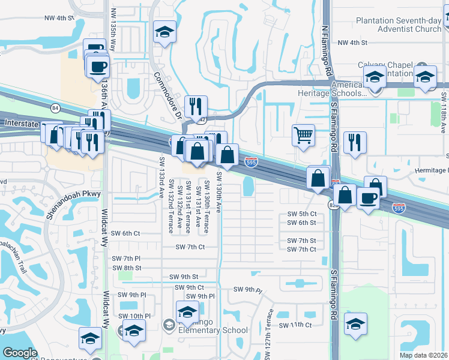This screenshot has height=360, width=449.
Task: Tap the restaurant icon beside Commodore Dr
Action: coord(196,106)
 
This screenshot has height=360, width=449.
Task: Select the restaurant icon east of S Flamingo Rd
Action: coord(355,142)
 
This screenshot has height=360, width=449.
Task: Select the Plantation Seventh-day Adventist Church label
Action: coord(399,25)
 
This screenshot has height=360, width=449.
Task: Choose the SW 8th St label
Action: coord(127,268)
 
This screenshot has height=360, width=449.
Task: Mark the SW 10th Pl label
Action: coord(134,316)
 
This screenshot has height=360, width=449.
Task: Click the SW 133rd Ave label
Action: coord(162,178)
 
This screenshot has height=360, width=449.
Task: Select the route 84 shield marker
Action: coord(55,107)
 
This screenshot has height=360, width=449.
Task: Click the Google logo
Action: coord(20,353)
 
